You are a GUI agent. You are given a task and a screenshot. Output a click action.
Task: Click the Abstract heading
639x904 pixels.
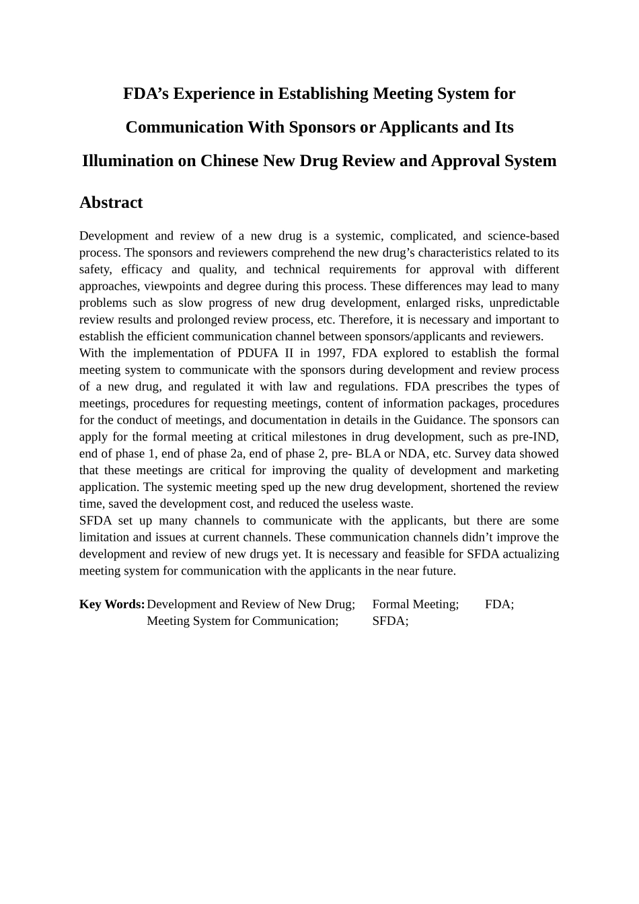click(x=111, y=202)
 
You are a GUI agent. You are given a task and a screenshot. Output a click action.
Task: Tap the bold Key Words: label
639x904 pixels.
click(x=112, y=604)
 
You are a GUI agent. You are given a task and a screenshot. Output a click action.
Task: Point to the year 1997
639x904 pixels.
click(x=330, y=353)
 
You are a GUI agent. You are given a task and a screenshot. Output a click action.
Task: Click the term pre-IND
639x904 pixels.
click(x=535, y=437)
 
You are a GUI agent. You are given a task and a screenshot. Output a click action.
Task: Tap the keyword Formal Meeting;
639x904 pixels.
click(x=416, y=604)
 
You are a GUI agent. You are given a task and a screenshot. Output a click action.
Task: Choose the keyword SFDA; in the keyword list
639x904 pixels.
click(x=390, y=621)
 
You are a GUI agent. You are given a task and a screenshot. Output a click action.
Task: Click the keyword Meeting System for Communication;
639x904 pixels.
click(x=243, y=621)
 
